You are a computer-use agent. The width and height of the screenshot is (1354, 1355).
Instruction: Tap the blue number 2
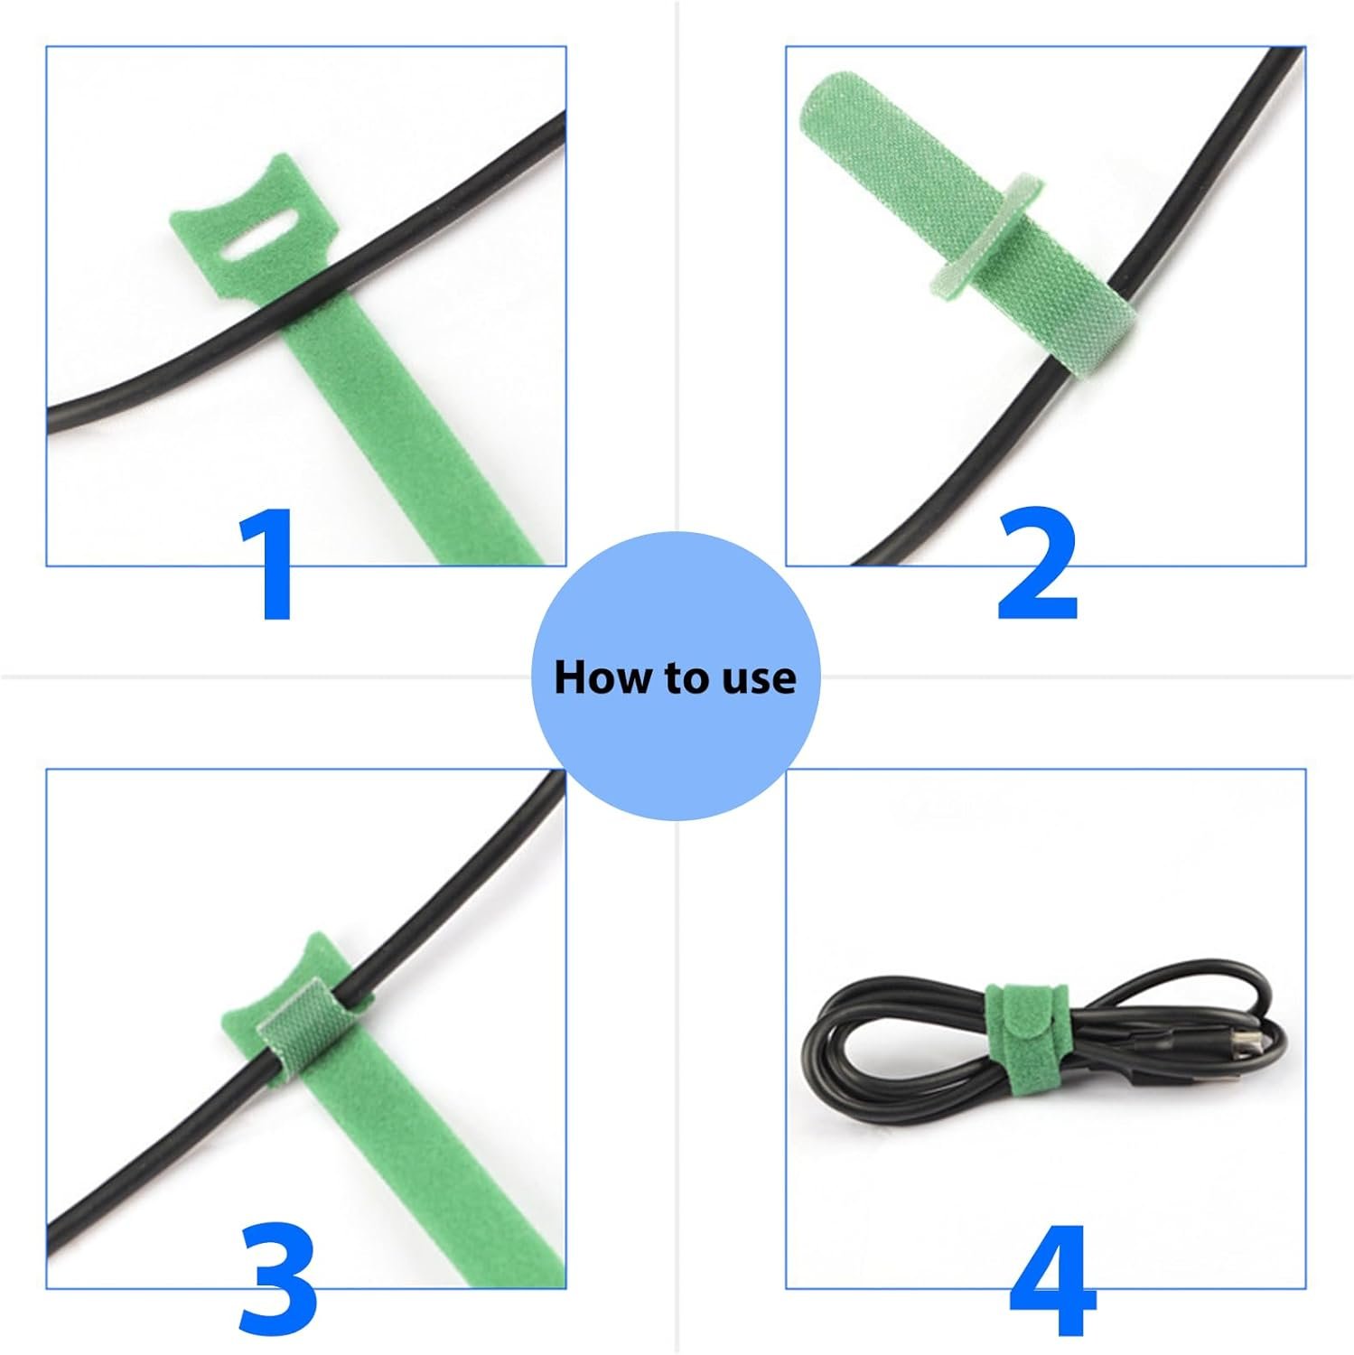click(1038, 564)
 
